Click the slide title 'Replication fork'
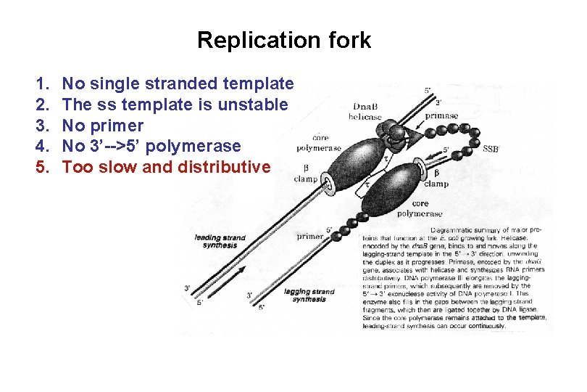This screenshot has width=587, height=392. point(283,40)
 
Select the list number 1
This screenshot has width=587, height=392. point(41,85)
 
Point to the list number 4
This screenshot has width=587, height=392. point(41,147)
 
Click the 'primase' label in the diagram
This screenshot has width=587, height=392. point(441,115)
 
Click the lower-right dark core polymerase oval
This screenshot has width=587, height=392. point(414,188)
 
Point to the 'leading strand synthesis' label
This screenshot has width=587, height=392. point(220,242)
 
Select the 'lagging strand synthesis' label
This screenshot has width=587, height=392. point(309,295)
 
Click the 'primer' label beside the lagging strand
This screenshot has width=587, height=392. point(309,237)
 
